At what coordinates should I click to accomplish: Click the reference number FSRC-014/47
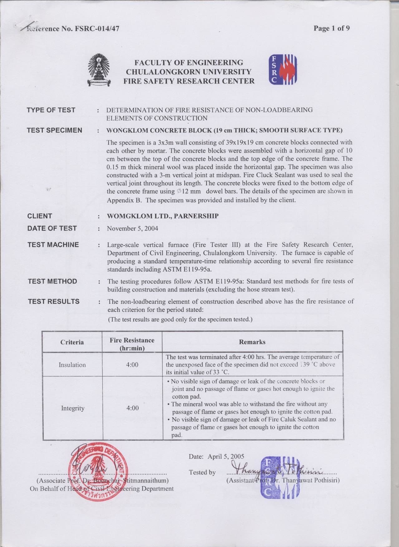97,29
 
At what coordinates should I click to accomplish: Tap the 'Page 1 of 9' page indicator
332,28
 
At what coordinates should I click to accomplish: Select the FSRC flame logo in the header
283,70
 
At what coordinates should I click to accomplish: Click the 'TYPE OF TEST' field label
51,110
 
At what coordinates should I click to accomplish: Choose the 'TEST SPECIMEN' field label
54,130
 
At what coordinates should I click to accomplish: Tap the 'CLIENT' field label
40,216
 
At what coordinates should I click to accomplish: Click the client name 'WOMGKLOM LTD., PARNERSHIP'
163,216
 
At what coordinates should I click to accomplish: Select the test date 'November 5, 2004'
132,229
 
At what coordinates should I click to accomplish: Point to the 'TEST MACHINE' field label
53,245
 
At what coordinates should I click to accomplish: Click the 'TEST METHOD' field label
52,281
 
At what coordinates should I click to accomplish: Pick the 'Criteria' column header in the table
72,342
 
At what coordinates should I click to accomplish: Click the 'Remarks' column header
252,342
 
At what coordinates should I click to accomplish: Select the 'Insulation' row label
72,365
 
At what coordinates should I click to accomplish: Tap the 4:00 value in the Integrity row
132,408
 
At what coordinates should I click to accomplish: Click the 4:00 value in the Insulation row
132,365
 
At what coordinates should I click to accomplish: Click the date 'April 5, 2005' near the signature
226,456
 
